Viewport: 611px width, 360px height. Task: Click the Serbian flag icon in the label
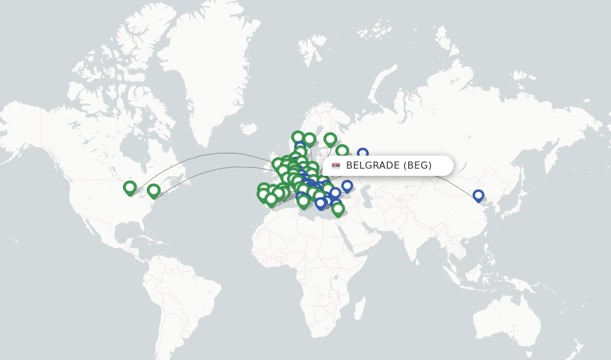coord(336,166)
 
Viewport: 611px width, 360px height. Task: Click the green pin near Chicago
coord(129,188)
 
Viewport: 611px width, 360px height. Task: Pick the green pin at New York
coord(153,190)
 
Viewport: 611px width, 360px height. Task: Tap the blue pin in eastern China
coord(478,195)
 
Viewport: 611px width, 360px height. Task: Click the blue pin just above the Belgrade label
coord(362,154)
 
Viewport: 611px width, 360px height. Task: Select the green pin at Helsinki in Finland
coord(330,139)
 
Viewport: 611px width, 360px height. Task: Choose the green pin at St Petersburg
coord(342,151)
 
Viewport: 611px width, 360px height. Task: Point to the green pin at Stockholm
coord(309,139)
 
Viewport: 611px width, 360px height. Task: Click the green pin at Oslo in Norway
coord(298,137)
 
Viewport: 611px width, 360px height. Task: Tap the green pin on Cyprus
coord(338,208)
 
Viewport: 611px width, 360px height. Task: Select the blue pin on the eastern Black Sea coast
coord(347,186)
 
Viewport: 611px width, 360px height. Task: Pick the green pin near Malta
coord(304,201)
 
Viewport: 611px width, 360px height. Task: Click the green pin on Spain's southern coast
coord(271,199)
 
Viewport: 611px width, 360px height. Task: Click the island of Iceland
coord(248,128)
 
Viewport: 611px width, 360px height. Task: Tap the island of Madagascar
coord(360,308)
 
